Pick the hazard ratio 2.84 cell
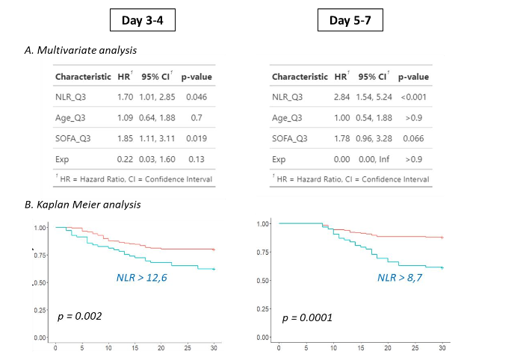pyautogui.click(x=341, y=96)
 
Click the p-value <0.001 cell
pyautogui.click(x=414, y=96)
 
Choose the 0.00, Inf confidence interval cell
pyautogui.click(x=373, y=159)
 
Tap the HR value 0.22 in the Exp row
pyautogui.click(x=124, y=159)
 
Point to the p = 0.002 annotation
pyautogui.click(x=79, y=317)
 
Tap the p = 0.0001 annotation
pyautogui.click(x=306, y=318)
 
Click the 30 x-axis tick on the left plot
pyautogui.click(x=214, y=348)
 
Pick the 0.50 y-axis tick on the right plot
pyautogui.click(x=262, y=281)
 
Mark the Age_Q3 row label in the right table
pyautogui.click(x=288, y=117)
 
